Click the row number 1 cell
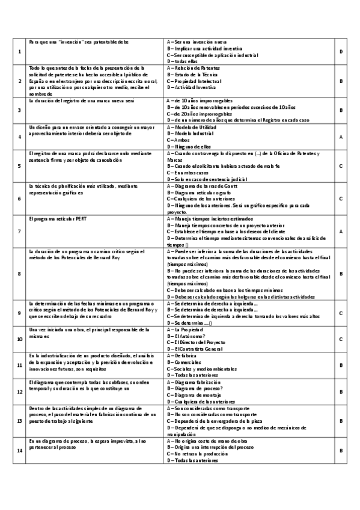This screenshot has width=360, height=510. pos(20,52)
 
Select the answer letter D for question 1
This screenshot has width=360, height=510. pos(341,52)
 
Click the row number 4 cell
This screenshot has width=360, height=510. pos(20,137)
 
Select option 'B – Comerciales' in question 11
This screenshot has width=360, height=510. pos(184,363)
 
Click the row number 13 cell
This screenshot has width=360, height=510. pos(20,422)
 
